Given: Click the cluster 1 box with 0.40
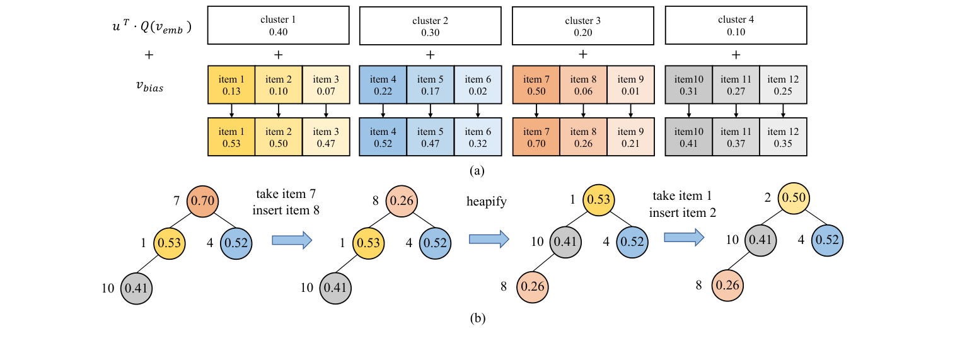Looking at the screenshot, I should [278, 26].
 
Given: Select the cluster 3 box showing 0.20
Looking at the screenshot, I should [583, 26].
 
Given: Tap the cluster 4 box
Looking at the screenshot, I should [736, 26].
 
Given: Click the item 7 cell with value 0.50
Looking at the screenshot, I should [536, 85].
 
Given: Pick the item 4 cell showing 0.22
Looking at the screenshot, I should [383, 85].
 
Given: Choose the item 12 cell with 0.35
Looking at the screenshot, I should [783, 137].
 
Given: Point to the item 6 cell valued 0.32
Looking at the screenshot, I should [478, 137].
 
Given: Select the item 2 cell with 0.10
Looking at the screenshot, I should [278, 85].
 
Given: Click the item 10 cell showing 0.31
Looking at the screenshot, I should [688, 85].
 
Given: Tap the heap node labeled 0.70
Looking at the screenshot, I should [203, 200].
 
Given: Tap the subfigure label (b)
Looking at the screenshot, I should [477, 318].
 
